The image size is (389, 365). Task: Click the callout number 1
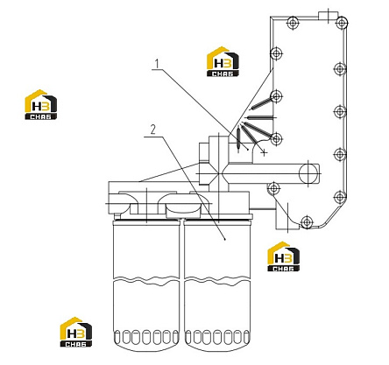click(158, 64)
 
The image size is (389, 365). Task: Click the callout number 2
click(153, 130)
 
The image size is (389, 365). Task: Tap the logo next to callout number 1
click(223, 61)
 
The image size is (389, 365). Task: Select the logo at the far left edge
click(41, 104)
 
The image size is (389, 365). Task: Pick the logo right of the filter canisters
click(284, 256)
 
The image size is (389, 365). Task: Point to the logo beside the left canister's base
click(76, 332)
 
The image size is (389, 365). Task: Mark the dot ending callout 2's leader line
click(225, 239)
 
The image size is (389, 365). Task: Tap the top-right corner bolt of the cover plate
click(341, 22)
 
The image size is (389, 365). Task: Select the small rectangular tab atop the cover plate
click(329, 16)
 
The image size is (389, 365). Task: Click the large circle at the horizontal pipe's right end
click(308, 173)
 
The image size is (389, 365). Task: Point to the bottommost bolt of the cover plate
click(306, 222)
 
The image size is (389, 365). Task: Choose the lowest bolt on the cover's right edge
click(340, 197)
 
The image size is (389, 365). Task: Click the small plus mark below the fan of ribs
click(265, 152)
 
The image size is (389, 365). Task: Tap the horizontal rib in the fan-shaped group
click(261, 117)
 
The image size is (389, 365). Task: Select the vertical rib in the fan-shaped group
click(238, 139)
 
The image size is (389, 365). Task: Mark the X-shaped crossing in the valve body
click(219, 175)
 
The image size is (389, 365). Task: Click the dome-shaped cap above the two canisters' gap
click(183, 209)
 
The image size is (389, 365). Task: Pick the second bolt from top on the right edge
click(340, 69)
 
